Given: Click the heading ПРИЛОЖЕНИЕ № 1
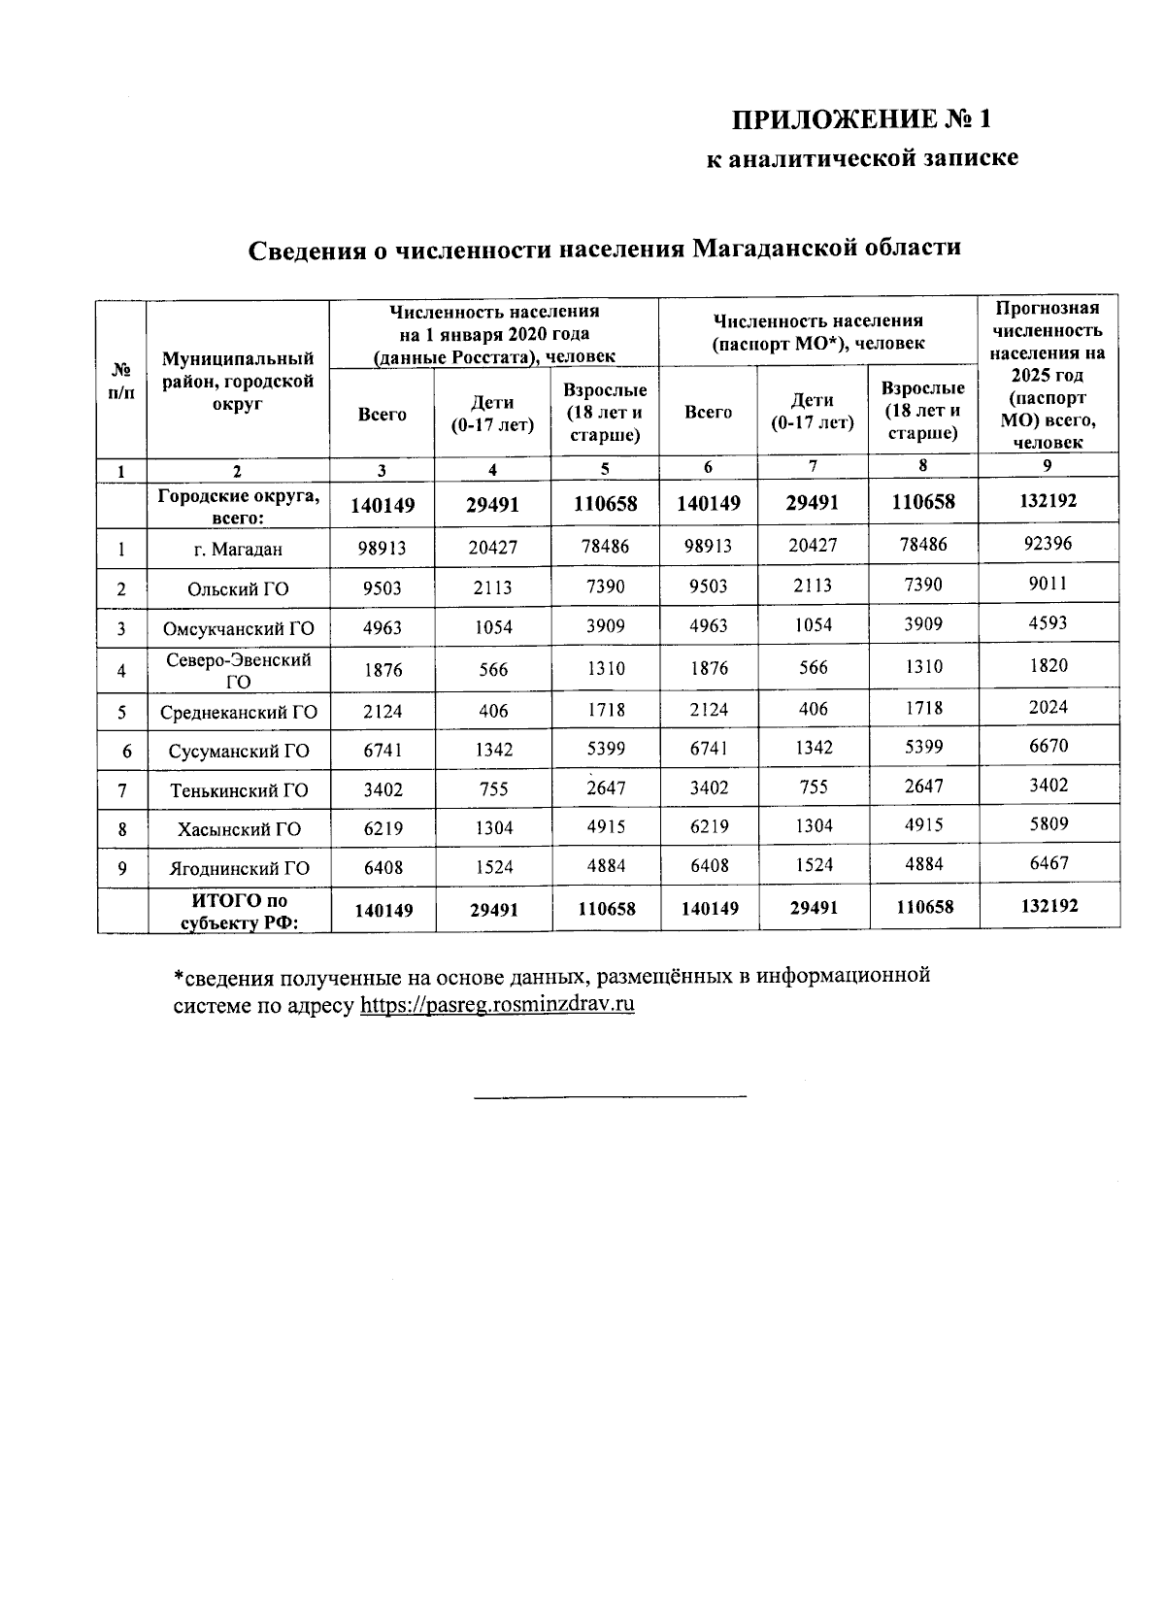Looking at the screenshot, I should click(x=862, y=120).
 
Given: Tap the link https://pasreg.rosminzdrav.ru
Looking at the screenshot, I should click(x=497, y=1004).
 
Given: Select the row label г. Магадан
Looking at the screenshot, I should click(x=238, y=550).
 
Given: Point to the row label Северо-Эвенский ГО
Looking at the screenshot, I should click(x=238, y=670).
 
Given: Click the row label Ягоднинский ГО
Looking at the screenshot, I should click(x=238, y=869).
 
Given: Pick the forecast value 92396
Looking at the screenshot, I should click(x=1048, y=544).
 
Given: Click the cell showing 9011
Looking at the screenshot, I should click(x=1048, y=584).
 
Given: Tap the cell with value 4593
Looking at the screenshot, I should click(x=1048, y=623).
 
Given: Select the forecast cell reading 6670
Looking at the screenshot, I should click(x=1048, y=747).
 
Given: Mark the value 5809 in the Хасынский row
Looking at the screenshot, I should click(x=1048, y=824).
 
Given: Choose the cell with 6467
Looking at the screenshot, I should click(x=1048, y=863).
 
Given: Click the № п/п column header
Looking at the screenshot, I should click(x=121, y=379).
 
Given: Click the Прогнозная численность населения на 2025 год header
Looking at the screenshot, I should click(x=1048, y=375).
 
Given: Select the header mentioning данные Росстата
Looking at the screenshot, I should click(x=494, y=334).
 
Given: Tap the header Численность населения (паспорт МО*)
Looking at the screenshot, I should click(x=817, y=331).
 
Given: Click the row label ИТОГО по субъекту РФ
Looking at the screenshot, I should click(x=238, y=911).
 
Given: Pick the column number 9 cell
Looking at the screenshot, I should click(x=1048, y=466).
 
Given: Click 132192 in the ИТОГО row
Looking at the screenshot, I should click(x=1048, y=905).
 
